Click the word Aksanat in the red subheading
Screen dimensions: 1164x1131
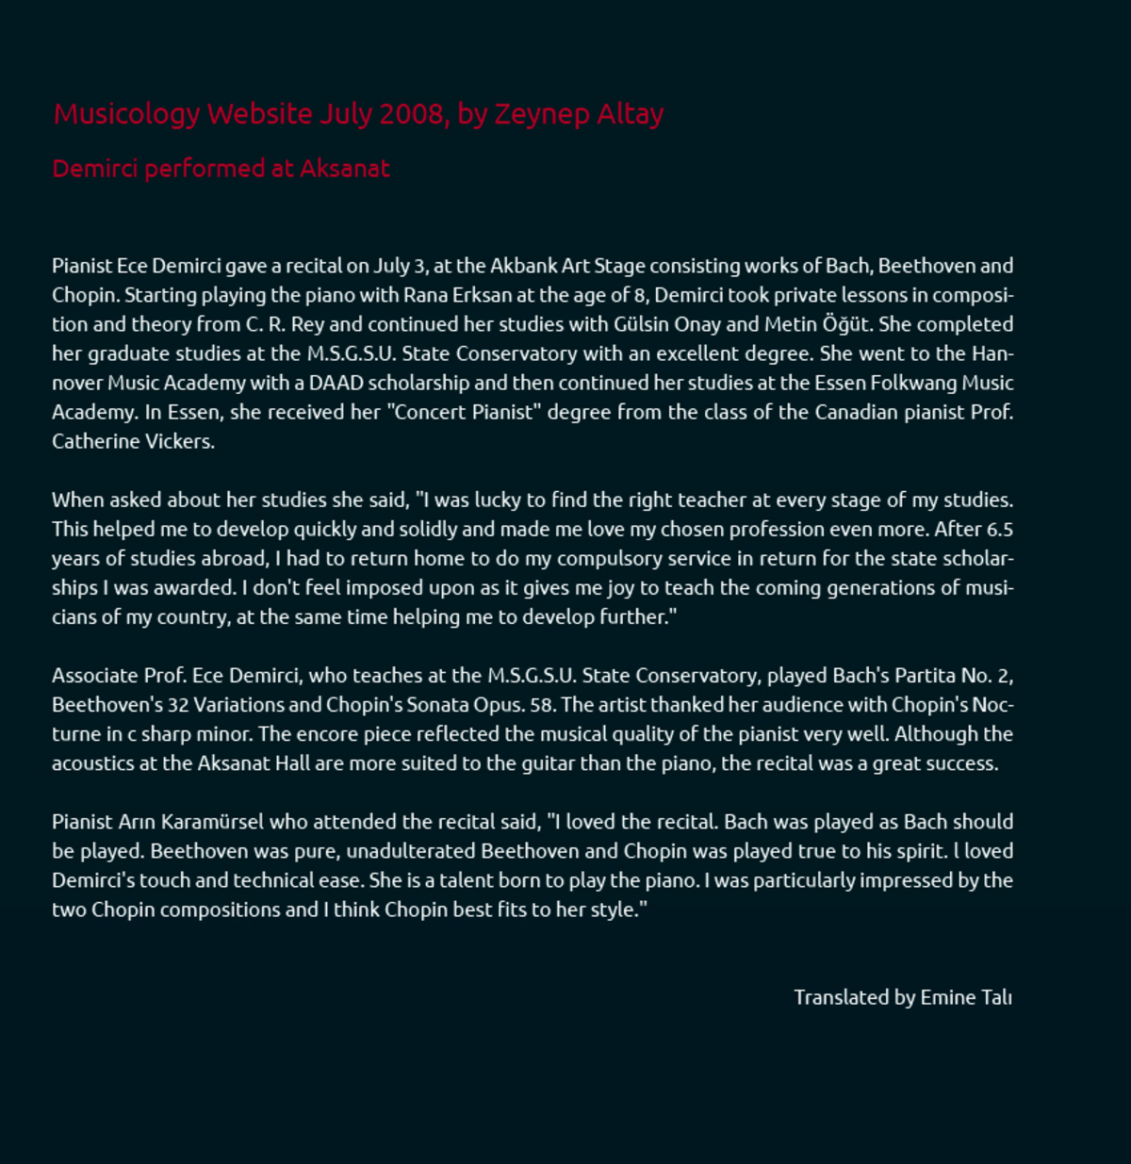345,169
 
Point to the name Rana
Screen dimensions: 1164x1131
425,295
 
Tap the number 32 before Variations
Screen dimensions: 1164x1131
178,705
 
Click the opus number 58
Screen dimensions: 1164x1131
541,705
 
